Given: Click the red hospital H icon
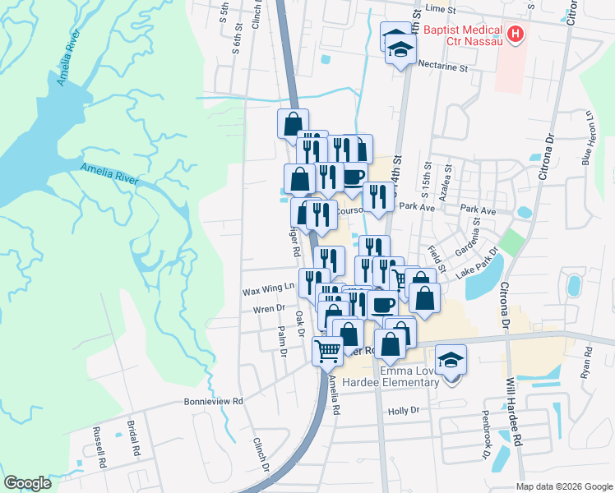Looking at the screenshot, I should [x=516, y=34].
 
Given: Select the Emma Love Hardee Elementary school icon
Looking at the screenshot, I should [x=451, y=360].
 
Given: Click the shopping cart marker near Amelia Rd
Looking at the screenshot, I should [x=327, y=351].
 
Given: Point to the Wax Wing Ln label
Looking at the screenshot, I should [x=268, y=289].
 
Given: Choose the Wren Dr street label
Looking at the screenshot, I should [x=268, y=309].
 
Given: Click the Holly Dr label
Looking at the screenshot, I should [x=403, y=410].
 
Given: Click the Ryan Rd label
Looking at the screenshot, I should [x=587, y=362].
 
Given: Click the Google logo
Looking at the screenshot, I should [x=27, y=483].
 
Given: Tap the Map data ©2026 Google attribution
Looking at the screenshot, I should [x=564, y=486].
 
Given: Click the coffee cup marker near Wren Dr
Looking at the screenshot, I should [x=382, y=305].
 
